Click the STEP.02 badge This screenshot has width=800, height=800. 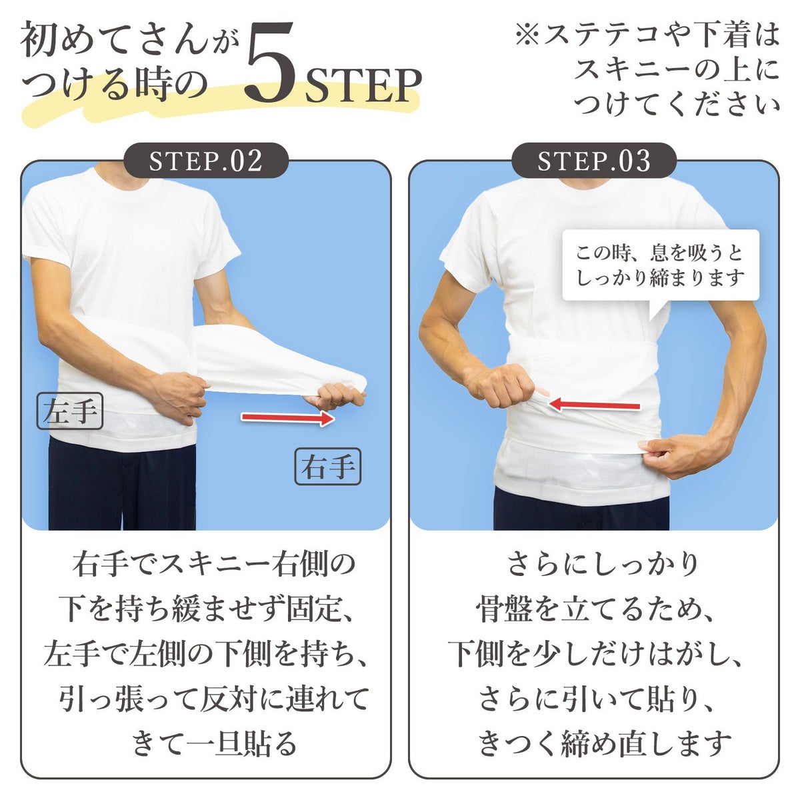[x=206, y=161]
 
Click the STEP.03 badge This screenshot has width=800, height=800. [x=594, y=161]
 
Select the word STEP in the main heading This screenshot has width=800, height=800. [x=363, y=86]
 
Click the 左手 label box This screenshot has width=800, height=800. [x=70, y=411]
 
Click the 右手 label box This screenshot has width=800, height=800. [x=328, y=466]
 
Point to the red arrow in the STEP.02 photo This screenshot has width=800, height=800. [x=288, y=417]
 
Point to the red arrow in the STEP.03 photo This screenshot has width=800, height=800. [x=594, y=404]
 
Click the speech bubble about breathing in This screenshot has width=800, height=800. [x=661, y=266]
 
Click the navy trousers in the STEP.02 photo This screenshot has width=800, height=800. [x=122, y=483]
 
